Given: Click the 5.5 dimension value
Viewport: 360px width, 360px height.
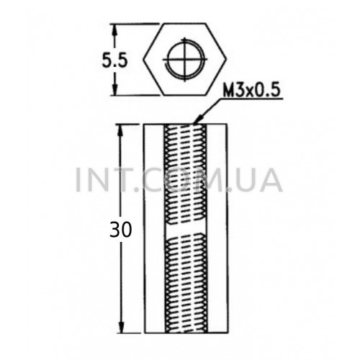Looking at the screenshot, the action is coord(114,60).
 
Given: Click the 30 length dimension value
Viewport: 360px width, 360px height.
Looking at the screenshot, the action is coord(121,230).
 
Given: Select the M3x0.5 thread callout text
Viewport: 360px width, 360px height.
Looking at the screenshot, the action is coord(251,91).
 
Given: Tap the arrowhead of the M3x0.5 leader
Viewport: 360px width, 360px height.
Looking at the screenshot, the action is coord(199,120).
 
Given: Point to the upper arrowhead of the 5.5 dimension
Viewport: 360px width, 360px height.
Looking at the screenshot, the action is coord(114,30).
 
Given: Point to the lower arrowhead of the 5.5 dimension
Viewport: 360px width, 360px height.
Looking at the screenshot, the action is coord(115,89).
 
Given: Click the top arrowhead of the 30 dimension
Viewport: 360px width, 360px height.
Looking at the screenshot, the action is coord(120,130).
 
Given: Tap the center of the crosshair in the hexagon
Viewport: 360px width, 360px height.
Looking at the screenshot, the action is coord(185,59).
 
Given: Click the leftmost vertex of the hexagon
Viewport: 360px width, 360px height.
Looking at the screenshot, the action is coord(144,59).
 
